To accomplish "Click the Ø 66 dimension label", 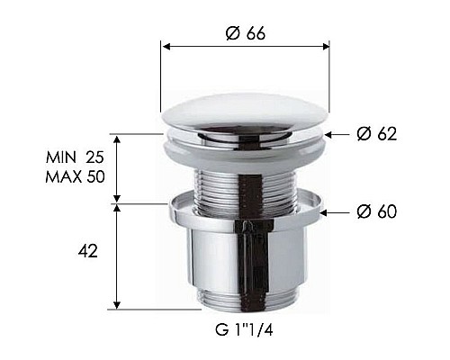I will pos(246,33).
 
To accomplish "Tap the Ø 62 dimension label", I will pos(376,134).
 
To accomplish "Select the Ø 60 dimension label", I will pos(376,212).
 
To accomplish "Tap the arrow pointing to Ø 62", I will pos(333,134).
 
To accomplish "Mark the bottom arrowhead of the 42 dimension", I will pos(116,304).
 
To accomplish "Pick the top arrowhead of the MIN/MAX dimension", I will pos(116,139).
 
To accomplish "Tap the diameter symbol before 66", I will pos(229,33).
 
